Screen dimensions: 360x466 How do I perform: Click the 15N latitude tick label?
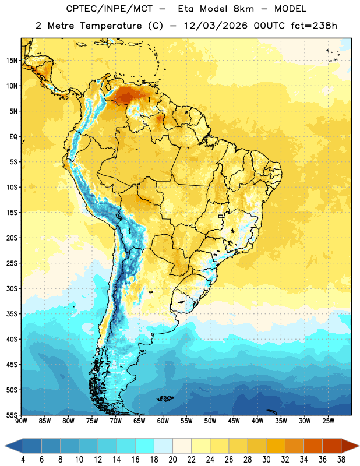12,61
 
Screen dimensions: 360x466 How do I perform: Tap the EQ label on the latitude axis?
13,137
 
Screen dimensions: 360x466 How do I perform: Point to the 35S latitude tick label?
12,314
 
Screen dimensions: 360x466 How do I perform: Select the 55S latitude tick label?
12,415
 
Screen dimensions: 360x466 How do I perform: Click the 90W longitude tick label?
21,421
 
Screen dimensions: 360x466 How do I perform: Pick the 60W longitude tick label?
163,421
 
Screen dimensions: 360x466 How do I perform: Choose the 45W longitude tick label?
234,421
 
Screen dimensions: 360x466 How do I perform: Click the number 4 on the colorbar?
23,460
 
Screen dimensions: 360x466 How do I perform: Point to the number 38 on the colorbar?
341,460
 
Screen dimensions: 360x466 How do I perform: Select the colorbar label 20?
172,460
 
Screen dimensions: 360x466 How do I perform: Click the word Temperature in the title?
111,26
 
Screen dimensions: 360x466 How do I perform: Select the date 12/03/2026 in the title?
216,26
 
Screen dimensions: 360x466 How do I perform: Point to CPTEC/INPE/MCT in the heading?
110,9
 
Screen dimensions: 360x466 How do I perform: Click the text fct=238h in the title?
314,26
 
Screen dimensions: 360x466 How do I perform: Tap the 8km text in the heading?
243,9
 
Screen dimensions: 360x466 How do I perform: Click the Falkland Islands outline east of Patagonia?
165,398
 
